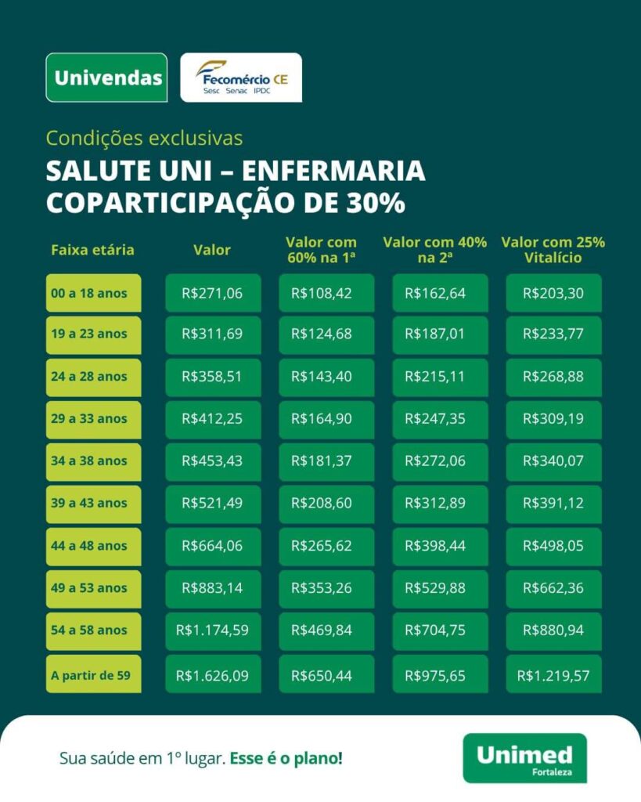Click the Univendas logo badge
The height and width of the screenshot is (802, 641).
(x=107, y=78)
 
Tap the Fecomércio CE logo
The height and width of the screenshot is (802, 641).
(x=241, y=78)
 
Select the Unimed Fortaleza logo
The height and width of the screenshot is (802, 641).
(x=524, y=757)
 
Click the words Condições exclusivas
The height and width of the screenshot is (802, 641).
(x=144, y=138)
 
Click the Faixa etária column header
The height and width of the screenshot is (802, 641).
(x=92, y=250)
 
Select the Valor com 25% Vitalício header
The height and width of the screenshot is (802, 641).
(x=553, y=250)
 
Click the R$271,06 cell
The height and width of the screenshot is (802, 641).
(x=212, y=294)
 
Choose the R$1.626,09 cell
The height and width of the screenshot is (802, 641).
(x=212, y=675)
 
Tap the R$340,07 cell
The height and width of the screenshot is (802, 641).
(x=553, y=461)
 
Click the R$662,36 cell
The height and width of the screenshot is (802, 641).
(x=553, y=588)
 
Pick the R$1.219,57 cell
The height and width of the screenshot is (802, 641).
(x=553, y=675)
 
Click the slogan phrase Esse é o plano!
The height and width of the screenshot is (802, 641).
(x=286, y=758)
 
